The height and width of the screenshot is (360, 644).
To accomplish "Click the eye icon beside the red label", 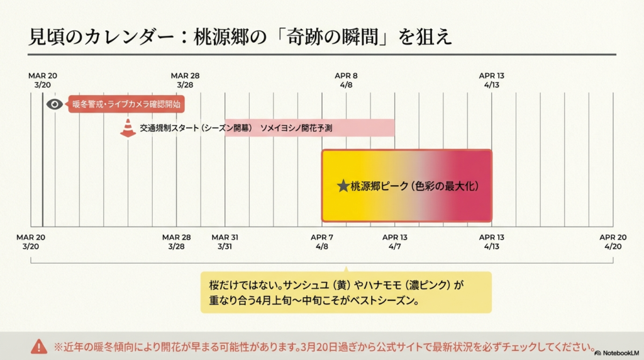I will point(55,104).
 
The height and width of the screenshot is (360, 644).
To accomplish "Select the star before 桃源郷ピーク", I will point(343,186).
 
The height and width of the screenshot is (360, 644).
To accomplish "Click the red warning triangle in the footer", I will point(39,346).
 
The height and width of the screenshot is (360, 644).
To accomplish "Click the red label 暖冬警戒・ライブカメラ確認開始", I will point(126,104).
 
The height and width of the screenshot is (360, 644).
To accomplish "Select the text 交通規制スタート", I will point(165,128).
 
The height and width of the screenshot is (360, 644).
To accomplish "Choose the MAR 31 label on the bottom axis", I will point(225,237).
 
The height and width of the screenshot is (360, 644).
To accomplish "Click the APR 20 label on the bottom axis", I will point(613,237).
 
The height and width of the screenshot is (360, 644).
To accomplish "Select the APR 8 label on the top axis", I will point(346,76).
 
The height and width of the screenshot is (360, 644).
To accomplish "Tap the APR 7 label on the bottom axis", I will point(322,237).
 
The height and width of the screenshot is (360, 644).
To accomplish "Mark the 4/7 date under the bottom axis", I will point(394,247).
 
